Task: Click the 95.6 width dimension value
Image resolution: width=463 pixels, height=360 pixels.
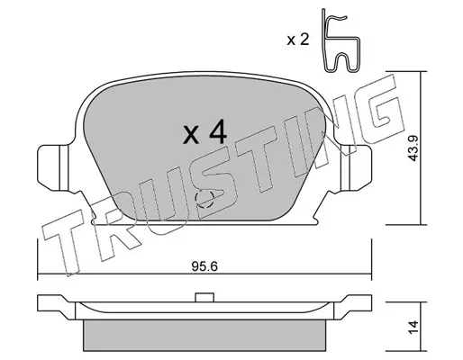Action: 204,266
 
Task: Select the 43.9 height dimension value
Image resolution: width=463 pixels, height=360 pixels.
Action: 414,148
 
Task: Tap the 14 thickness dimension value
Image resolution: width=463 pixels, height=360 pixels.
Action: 413,327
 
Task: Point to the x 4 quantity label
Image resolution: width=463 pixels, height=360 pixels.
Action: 205,132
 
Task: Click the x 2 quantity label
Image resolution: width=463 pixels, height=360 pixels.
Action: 297,40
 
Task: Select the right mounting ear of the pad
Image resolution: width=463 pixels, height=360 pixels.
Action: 356,167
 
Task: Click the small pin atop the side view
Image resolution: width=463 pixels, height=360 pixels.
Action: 204,297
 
